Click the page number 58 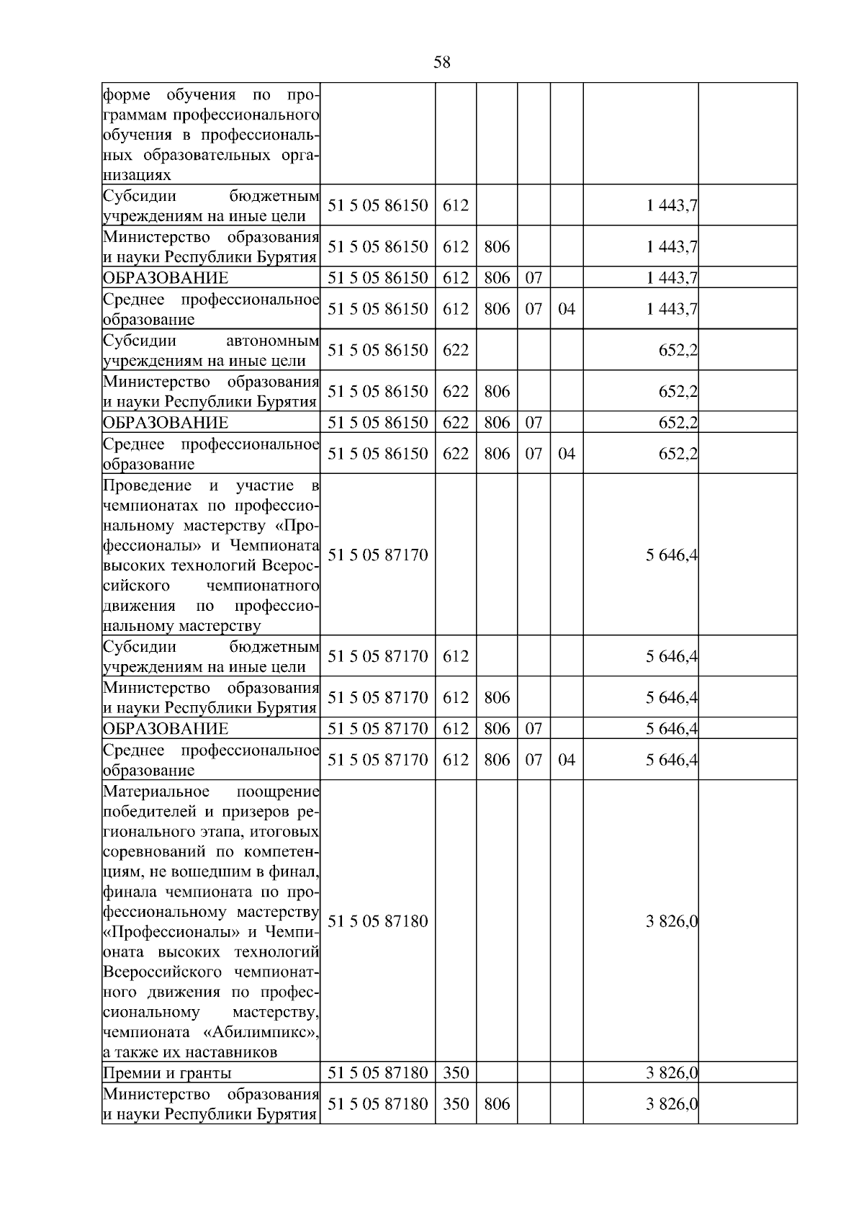tap(441, 63)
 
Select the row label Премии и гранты tap(167, 1073)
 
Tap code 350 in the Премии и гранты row tap(456, 1072)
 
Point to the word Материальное tap(156, 792)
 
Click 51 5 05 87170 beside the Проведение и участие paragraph tap(377, 555)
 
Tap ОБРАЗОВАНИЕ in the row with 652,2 tap(166, 422)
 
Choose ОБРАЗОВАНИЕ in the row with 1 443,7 tap(166, 277)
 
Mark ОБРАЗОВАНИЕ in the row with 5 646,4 tap(166, 728)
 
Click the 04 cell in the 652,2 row tap(567, 453)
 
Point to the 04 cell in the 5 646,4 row tap(567, 759)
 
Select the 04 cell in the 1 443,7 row tap(567, 308)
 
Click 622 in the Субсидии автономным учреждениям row tap(456, 349)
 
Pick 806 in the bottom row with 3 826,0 tap(497, 1103)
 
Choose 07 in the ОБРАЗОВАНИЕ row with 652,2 tap(534, 422)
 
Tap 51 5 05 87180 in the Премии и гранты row tap(377, 1072)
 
